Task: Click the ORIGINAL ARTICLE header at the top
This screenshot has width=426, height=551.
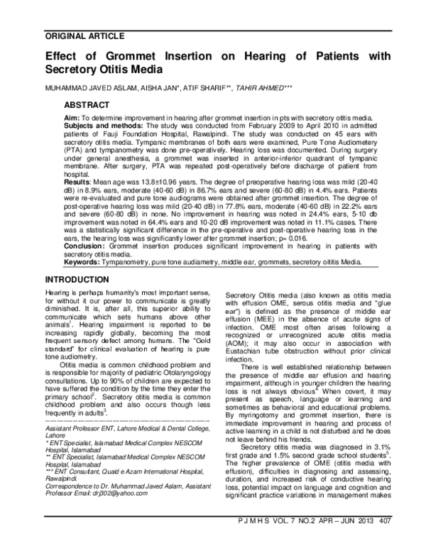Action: click(84, 35)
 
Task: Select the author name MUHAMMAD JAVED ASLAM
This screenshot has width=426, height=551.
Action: click(84, 88)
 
